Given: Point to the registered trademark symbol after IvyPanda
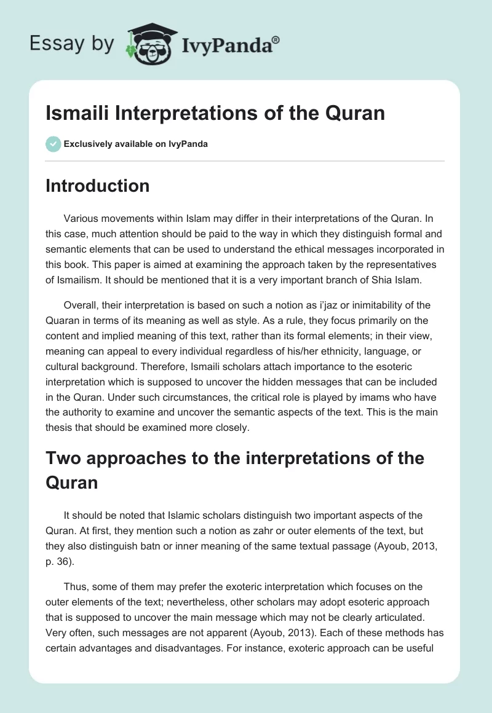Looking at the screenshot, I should (276, 39).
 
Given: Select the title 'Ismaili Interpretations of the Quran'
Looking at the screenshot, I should (215, 114).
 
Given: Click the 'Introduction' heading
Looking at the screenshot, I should (98, 186).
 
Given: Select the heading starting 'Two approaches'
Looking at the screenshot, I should (235, 458).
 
